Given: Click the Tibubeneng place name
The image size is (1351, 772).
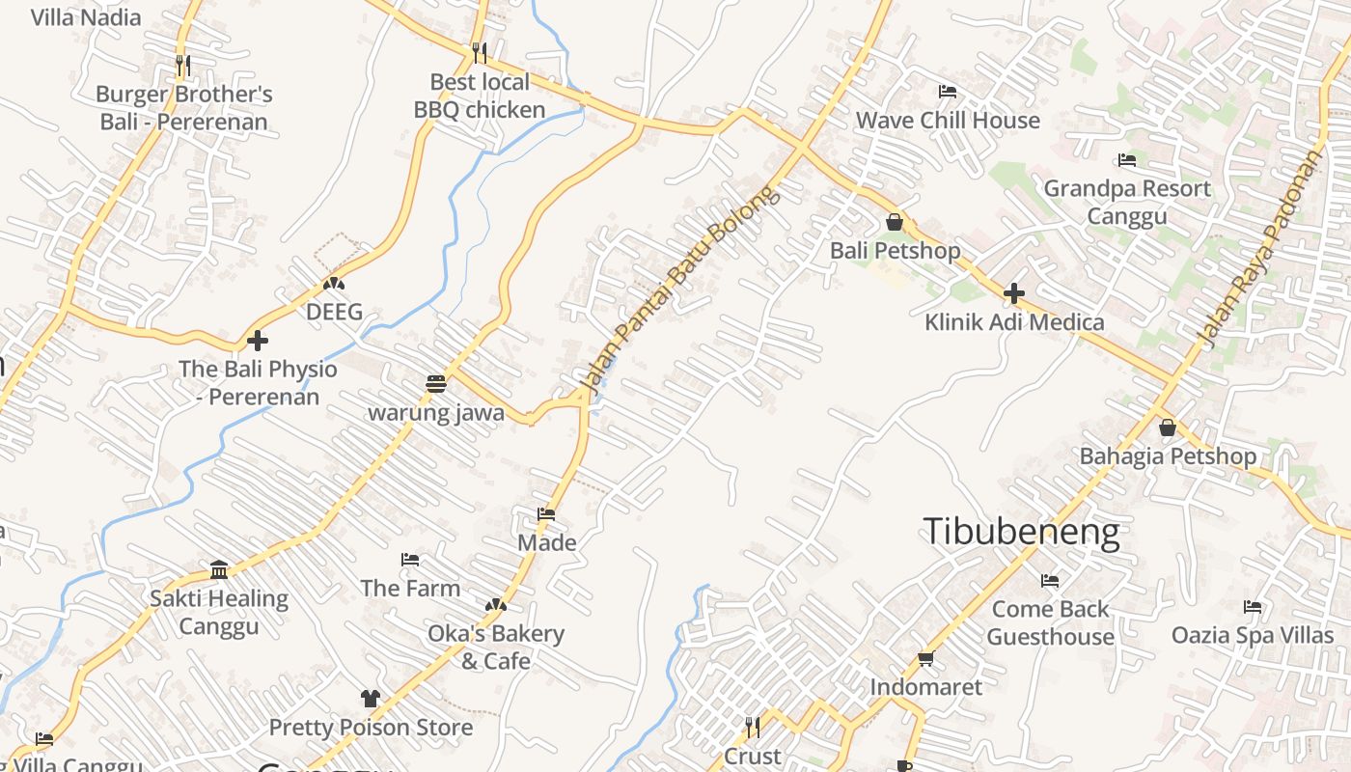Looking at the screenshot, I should (1021, 532).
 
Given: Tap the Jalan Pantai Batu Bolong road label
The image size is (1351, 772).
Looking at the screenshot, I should (679, 289).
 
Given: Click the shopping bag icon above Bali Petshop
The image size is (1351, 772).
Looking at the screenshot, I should (895, 222).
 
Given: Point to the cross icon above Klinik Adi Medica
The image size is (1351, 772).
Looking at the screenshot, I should (1013, 292).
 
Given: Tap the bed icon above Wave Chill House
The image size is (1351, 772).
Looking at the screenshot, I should (948, 92).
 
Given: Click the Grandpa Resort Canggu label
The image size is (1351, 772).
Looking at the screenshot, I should (1126, 202).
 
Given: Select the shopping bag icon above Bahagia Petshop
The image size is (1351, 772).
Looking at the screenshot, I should (1168, 427).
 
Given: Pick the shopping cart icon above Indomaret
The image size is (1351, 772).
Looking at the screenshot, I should (925, 658).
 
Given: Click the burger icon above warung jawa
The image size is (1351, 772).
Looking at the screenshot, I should (435, 384).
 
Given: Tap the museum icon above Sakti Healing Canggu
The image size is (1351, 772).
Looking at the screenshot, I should (219, 569).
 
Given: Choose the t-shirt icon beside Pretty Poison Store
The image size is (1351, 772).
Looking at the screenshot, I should (371, 698).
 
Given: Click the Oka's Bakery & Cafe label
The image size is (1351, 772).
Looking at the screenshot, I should (496, 647).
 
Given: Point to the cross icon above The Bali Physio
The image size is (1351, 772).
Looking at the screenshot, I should (258, 341).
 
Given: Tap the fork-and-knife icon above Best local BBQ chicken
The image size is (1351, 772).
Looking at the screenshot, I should (480, 52).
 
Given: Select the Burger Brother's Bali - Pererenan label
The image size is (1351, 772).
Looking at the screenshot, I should (184, 108).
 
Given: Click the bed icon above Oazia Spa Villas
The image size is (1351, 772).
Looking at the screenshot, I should (1253, 607).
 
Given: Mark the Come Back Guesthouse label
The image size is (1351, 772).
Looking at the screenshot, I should (1050, 622).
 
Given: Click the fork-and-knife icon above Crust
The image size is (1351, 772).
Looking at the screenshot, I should (752, 727).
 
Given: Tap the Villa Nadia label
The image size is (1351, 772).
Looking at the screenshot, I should (86, 17).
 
